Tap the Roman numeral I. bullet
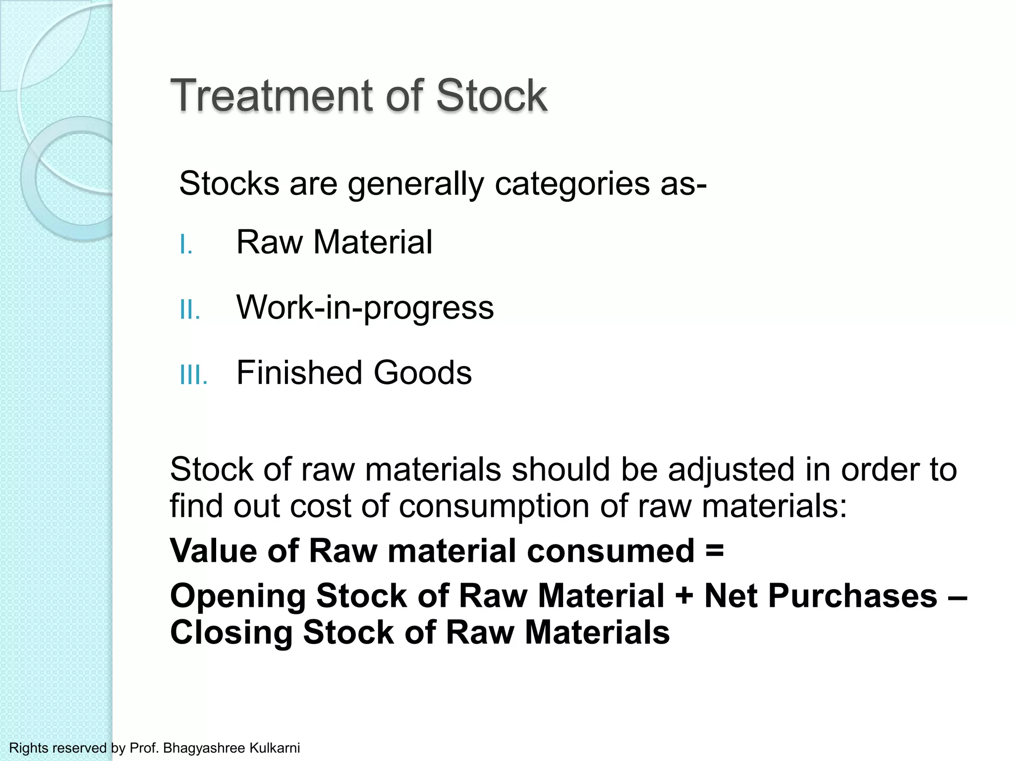(186, 245)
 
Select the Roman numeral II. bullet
(190, 310)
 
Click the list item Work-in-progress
(365, 307)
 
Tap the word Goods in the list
(422, 373)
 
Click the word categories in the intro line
(572, 184)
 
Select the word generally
(415, 184)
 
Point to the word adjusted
(731, 469)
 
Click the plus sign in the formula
(684, 596)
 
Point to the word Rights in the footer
(29, 748)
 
